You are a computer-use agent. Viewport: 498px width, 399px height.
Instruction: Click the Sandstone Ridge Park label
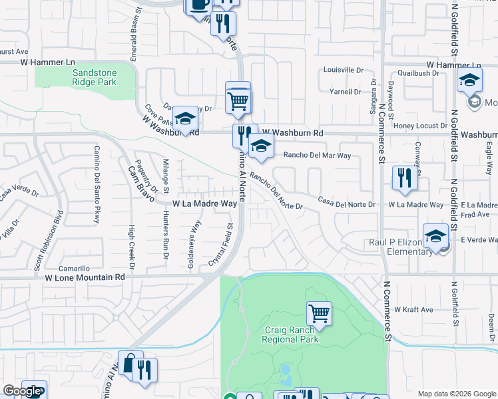coord(95,76)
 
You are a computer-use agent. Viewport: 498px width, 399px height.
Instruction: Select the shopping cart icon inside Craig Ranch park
coord(319,313)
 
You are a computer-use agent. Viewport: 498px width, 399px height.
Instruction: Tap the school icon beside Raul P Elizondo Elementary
coord(435,237)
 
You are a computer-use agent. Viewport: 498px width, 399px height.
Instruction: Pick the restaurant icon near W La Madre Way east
coord(404,178)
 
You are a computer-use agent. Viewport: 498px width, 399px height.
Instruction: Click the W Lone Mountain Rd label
coord(85,277)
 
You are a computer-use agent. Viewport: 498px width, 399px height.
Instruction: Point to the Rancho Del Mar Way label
coord(317,156)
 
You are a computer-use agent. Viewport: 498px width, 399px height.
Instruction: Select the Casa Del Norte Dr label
coord(346,201)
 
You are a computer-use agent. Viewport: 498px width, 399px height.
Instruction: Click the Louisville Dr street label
coord(343,70)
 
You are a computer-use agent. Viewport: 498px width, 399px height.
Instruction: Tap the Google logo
coord(21,391)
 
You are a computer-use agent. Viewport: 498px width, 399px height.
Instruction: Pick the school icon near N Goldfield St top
coord(469,80)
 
